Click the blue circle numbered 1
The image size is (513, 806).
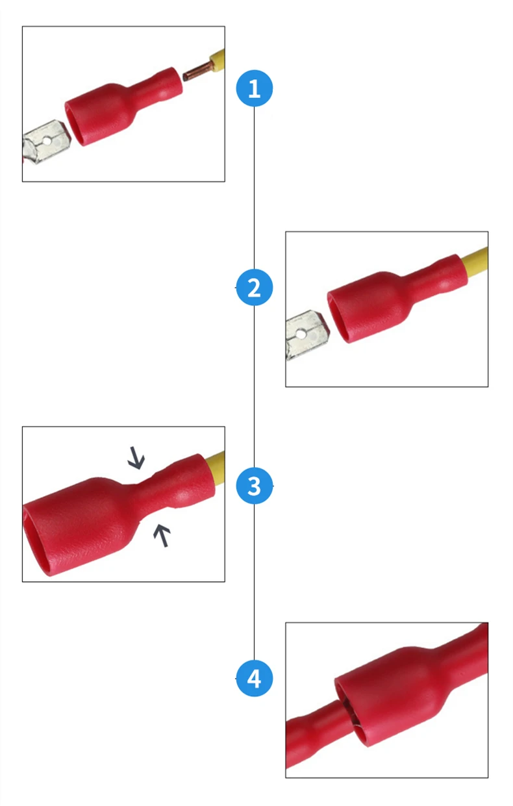tap(255, 88)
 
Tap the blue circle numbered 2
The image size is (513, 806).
tap(255, 288)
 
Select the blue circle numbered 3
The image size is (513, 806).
tap(255, 486)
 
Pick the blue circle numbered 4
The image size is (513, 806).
tap(255, 678)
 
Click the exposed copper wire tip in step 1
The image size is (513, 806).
tap(197, 71)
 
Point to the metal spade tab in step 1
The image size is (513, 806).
tap(46, 142)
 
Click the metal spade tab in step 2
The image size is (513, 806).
tap(307, 335)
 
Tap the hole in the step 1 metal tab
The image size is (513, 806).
tap(47, 140)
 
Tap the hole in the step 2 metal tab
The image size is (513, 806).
tap(301, 335)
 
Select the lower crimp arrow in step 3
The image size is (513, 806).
tap(162, 535)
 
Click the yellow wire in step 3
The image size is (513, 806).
tap(215, 468)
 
